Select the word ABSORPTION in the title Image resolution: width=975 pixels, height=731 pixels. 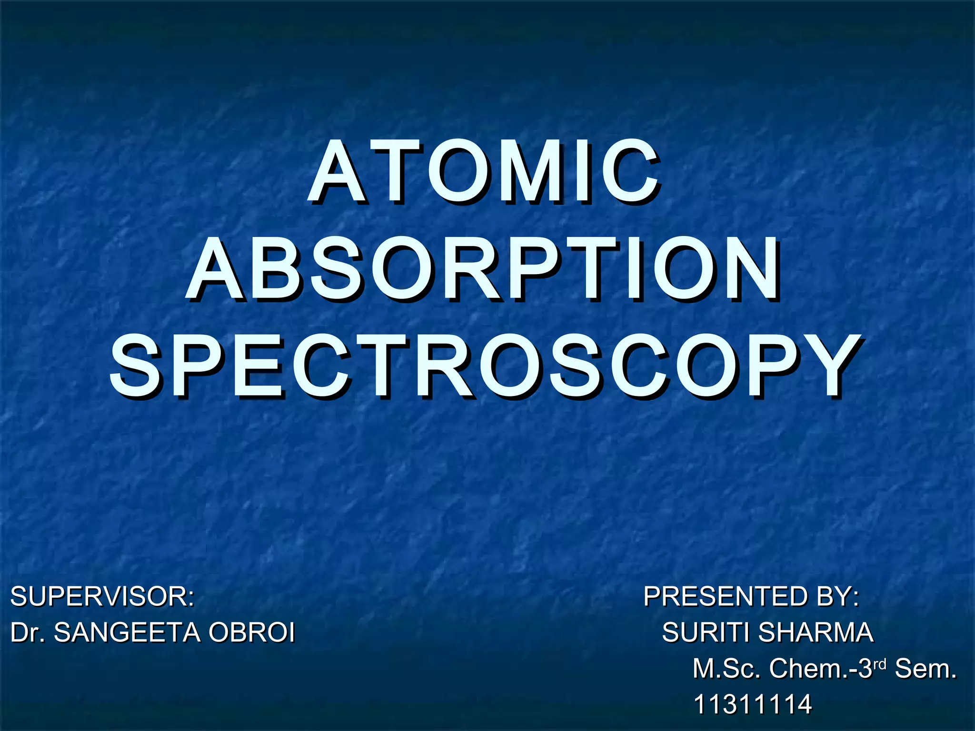(x=484, y=269)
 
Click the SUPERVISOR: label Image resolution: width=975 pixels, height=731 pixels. (x=102, y=596)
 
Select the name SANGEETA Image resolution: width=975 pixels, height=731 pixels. (x=127, y=632)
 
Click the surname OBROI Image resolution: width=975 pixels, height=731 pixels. (x=252, y=632)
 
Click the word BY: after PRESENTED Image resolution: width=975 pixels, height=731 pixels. (x=838, y=596)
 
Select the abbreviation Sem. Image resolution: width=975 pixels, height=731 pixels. (x=925, y=669)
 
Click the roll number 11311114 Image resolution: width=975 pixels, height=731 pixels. (x=753, y=704)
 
